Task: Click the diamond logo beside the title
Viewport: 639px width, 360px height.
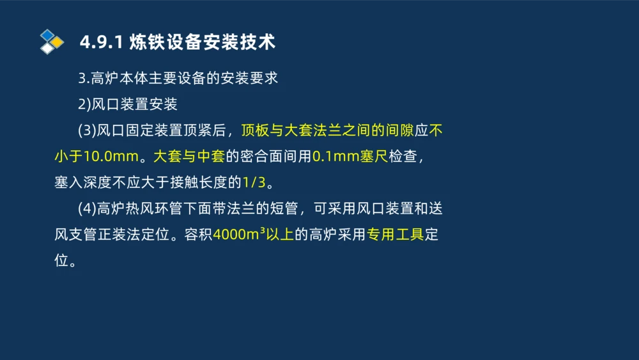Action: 51,42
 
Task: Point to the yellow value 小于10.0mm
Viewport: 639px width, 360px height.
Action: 96,156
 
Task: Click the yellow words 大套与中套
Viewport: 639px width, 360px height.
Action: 189,156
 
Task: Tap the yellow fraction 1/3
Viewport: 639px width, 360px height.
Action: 254,182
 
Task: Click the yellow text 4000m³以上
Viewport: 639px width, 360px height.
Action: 254,235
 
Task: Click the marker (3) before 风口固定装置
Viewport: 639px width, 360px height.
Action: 86,130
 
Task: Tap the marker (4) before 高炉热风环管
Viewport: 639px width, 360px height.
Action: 86,208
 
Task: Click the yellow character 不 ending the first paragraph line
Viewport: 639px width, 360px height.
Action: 436,130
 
